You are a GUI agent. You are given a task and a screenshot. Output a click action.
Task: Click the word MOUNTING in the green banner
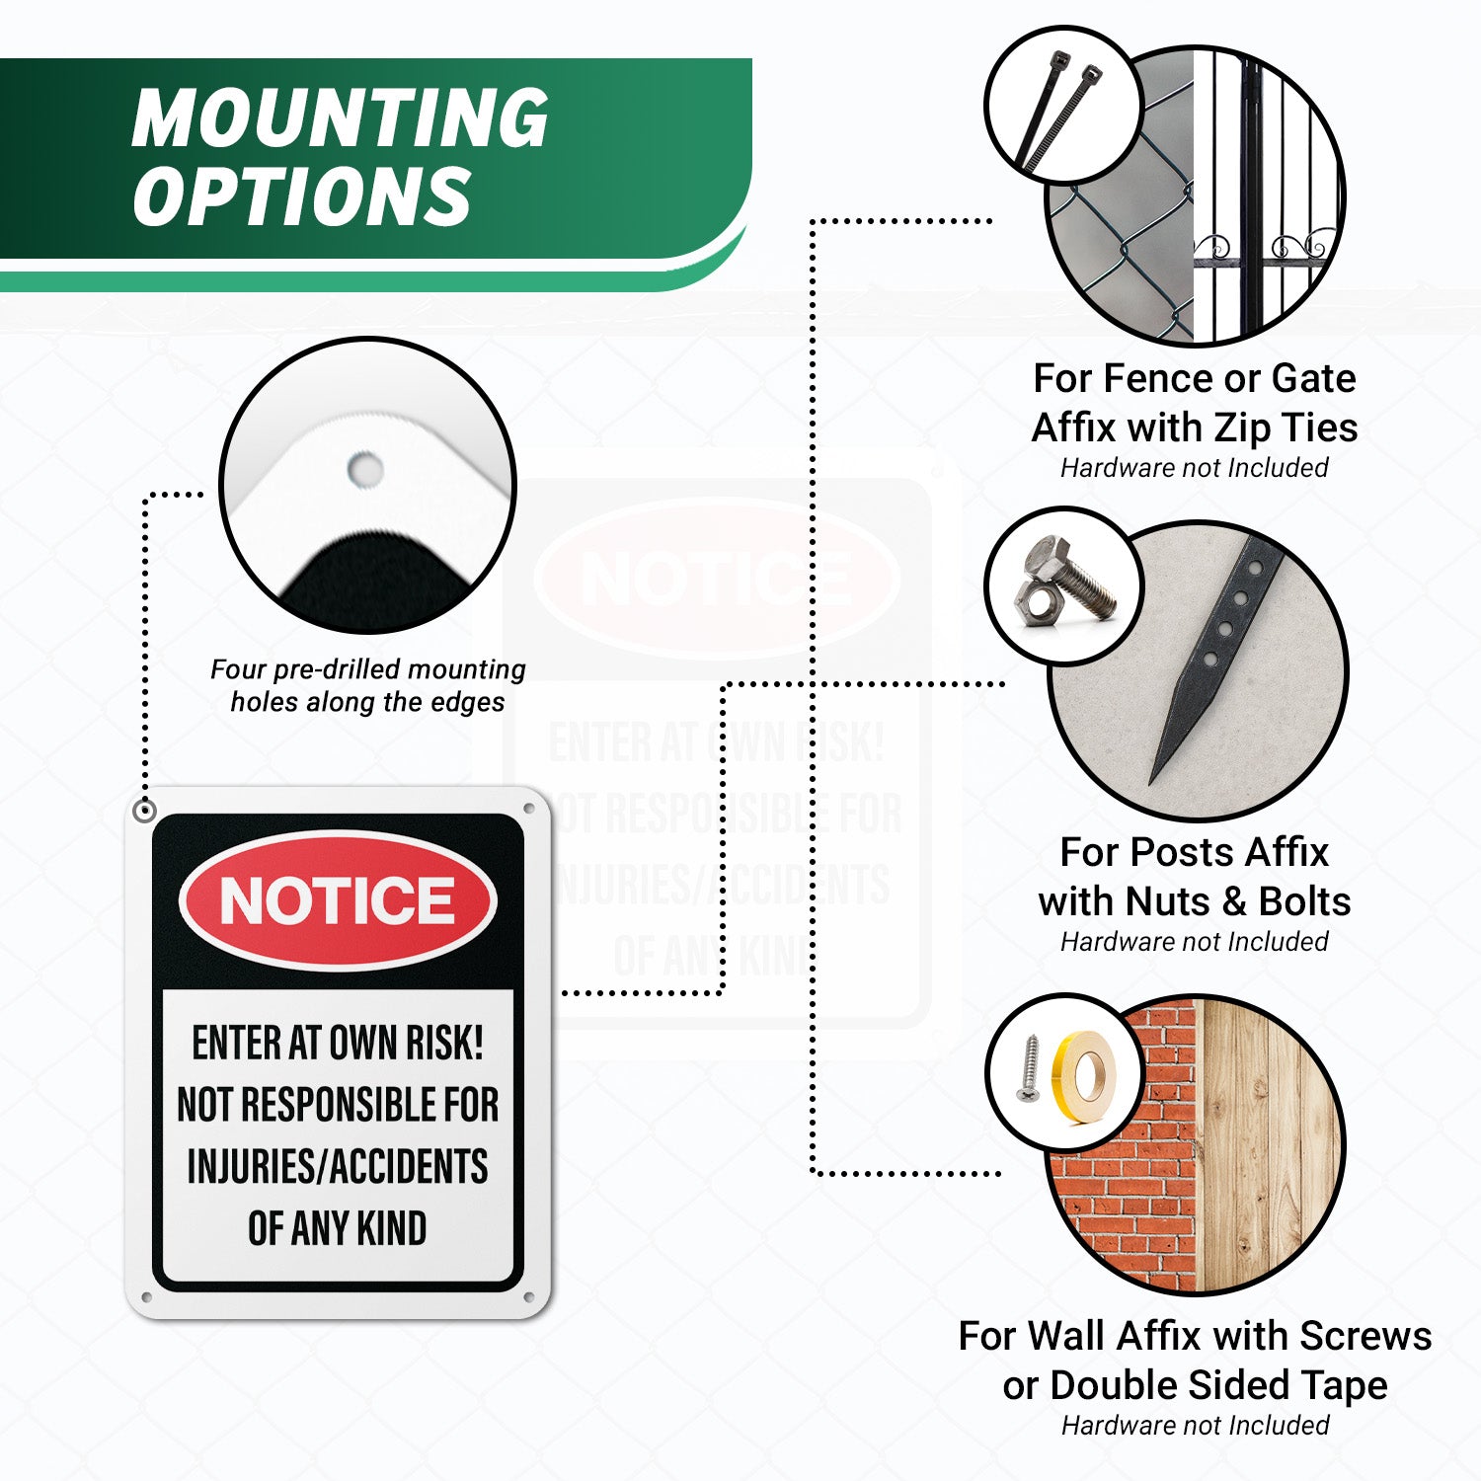tap(341, 117)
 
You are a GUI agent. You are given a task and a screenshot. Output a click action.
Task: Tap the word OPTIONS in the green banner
tap(302, 195)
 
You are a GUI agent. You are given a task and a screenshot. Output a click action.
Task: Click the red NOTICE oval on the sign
tap(338, 900)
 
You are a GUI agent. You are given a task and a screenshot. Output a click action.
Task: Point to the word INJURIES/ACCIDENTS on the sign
tap(338, 1166)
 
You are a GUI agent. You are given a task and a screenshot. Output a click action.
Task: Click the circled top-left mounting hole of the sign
tap(145, 811)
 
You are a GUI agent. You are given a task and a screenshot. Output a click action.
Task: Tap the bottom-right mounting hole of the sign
tap(528, 1296)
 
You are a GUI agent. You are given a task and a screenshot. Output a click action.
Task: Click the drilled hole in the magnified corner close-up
tap(365, 469)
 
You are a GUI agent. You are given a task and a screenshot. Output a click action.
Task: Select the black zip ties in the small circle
tap(1057, 111)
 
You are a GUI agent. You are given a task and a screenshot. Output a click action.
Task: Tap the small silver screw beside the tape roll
tap(1030, 1068)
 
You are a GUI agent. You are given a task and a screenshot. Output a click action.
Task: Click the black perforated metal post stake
tap(1216, 660)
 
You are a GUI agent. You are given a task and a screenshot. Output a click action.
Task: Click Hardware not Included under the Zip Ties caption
tap(1195, 468)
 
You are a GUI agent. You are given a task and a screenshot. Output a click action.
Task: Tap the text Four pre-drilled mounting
tap(368, 669)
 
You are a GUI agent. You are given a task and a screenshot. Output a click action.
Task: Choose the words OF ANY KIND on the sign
tap(338, 1228)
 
